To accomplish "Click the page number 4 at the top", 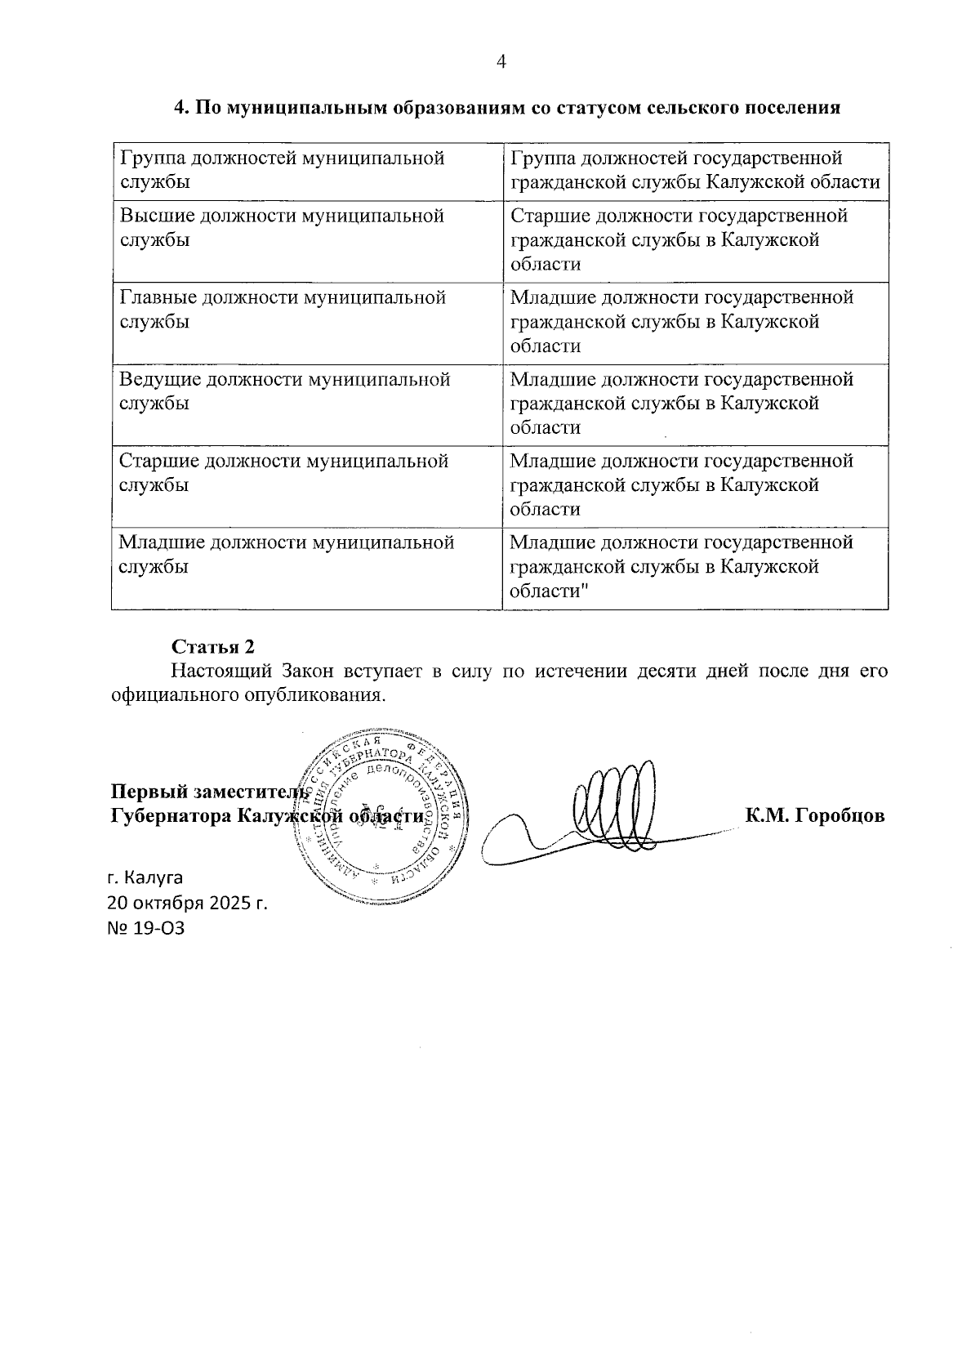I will tap(501, 62).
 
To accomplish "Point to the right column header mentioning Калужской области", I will tap(695, 170).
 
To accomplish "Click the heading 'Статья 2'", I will tap(213, 646).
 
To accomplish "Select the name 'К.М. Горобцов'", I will tap(814, 816).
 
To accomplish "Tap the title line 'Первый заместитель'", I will tap(209, 792).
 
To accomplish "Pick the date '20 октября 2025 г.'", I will tap(188, 904).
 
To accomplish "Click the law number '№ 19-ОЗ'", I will tap(146, 928).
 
